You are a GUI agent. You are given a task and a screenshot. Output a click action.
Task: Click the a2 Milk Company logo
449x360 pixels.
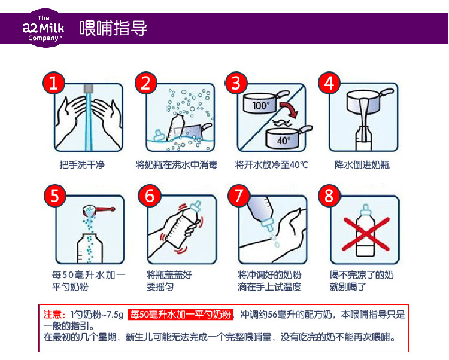(44, 28)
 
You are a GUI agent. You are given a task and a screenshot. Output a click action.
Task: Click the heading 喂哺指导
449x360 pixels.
(113, 28)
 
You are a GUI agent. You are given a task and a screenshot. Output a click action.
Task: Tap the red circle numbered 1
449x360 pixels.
(53, 83)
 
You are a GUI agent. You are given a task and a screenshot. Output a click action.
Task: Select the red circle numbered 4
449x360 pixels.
(329, 83)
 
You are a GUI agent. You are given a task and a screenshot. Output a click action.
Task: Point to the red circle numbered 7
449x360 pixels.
(238, 196)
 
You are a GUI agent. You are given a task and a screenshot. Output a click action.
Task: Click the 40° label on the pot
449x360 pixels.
(284, 140)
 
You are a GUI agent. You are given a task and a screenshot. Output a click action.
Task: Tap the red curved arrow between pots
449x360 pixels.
(289, 110)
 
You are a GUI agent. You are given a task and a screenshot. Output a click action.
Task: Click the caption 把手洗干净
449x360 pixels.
(82, 165)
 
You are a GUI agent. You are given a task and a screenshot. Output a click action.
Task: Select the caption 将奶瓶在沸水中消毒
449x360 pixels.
(177, 165)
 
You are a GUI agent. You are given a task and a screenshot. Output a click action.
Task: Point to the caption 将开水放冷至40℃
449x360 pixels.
(271, 165)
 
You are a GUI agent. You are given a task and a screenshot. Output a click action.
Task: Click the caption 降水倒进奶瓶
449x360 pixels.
(362, 165)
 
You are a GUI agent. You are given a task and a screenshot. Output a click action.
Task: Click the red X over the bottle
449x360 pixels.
(366, 234)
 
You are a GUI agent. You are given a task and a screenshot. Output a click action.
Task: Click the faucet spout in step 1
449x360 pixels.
(89, 89)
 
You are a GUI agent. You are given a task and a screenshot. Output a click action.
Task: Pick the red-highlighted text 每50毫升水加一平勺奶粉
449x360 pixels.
(180, 315)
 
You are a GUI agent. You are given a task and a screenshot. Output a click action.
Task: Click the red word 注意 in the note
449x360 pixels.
(53, 315)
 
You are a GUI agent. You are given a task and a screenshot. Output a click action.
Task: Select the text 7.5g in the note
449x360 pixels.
(115, 315)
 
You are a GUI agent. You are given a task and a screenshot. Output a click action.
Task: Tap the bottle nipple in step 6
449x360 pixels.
(195, 207)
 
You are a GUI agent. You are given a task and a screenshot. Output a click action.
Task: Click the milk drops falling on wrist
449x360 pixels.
(275, 240)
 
